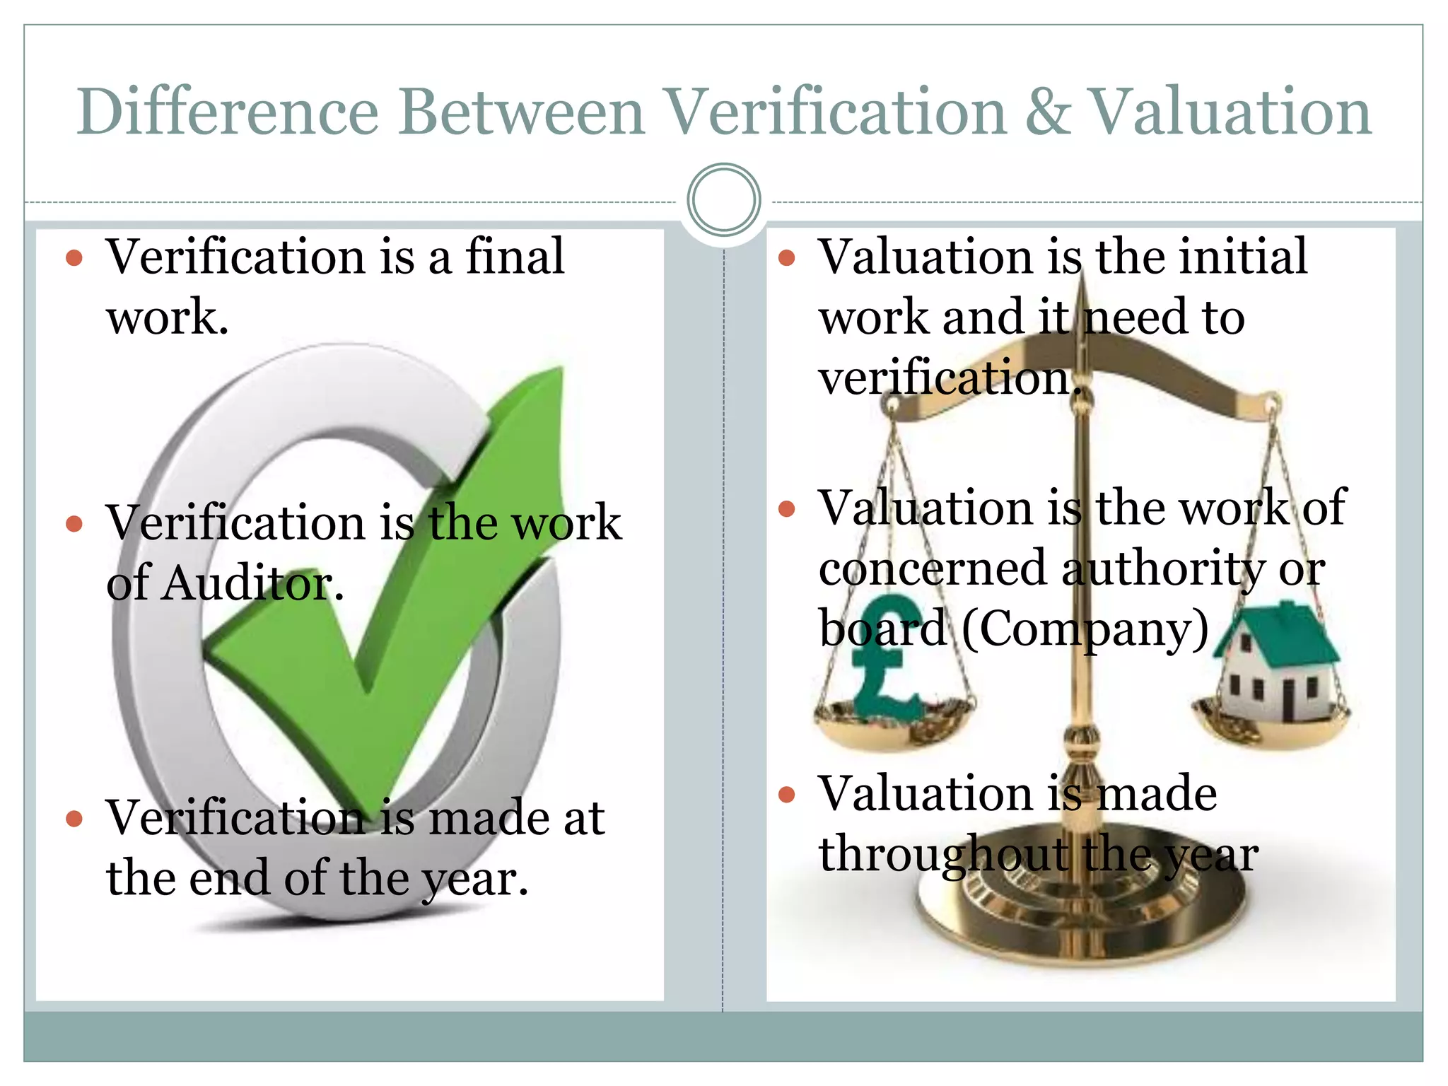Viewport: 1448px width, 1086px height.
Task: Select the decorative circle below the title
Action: click(723, 199)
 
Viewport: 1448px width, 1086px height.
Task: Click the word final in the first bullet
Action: click(515, 256)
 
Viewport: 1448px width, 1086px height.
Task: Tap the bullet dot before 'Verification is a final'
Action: click(74, 258)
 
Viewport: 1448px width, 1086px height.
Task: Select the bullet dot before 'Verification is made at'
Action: click(74, 819)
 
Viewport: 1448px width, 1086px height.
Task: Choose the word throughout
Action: click(943, 853)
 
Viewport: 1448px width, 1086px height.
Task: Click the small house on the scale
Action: click(1276, 665)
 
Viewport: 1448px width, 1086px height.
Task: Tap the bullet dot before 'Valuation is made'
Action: click(786, 795)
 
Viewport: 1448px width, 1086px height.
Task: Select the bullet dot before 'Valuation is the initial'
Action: click(786, 258)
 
